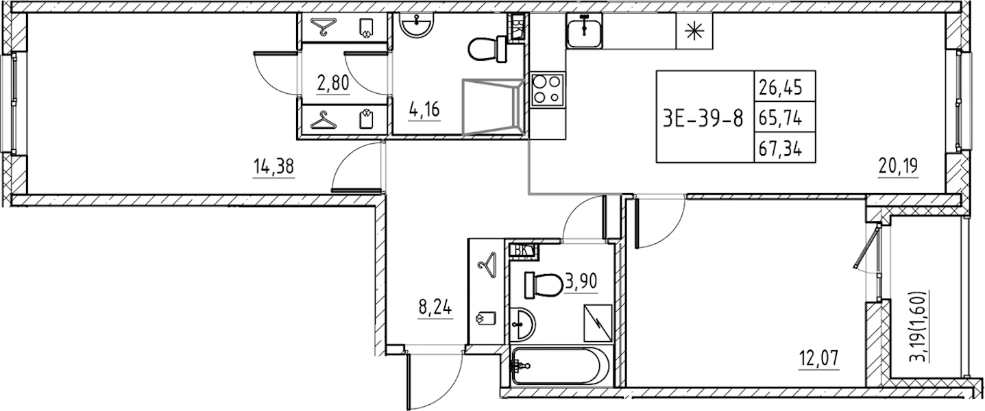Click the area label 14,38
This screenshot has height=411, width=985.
(273, 167)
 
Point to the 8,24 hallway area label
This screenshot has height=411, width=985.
(435, 308)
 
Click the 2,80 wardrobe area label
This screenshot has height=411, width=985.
(333, 82)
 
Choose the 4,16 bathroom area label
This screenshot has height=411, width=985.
(424, 110)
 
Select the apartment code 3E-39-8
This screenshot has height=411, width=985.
(703, 119)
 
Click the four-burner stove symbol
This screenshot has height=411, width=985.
(548, 96)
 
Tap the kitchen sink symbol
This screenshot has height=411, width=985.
(584, 30)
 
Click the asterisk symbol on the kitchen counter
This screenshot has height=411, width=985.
(694, 31)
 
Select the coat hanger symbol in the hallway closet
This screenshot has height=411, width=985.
(487, 266)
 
